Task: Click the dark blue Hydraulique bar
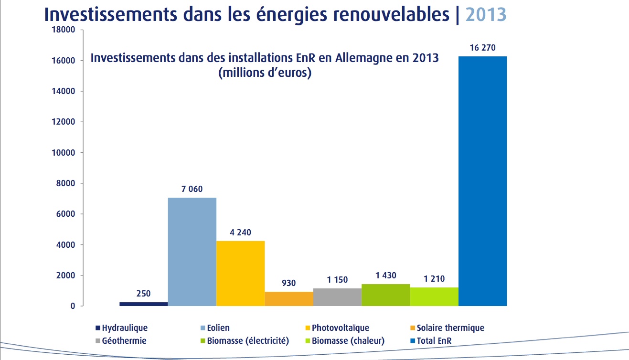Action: pyautogui.click(x=143, y=304)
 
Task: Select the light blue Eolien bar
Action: pyautogui.click(x=192, y=252)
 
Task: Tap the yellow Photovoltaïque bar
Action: pyautogui.click(x=240, y=273)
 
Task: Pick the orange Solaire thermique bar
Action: pyautogui.click(x=288, y=298)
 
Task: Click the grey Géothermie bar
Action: pyautogui.click(x=337, y=297)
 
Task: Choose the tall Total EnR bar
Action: pyautogui.click(x=482, y=181)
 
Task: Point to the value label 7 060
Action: pyautogui.click(x=192, y=189)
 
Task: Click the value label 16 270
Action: pyautogui.click(x=482, y=47)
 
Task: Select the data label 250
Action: pyautogui.click(x=143, y=294)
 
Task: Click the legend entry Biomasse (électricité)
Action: pyautogui.click(x=252, y=341)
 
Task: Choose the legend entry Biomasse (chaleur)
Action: pyautogui.click(x=348, y=341)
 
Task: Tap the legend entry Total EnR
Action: pyautogui.click(x=434, y=341)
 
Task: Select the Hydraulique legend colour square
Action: pyautogui.click(x=98, y=328)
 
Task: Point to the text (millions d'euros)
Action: pyautogui.click(x=264, y=74)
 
